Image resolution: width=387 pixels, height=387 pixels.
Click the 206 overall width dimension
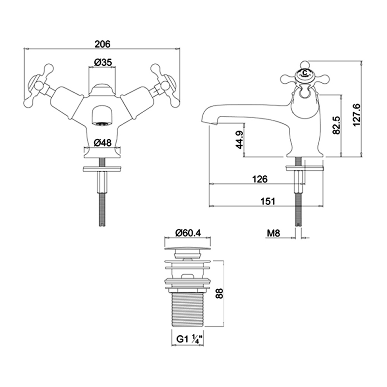click(103, 44)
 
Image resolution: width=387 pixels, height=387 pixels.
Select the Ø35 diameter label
click(103, 62)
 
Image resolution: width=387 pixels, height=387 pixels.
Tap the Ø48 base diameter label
click(103, 142)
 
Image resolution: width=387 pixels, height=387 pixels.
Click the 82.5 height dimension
click(336, 126)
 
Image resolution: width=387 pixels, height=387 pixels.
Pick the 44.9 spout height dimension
click(239, 140)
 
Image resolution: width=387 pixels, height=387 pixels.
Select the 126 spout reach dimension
click(260, 179)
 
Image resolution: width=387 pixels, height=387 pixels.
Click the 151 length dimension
click(268, 201)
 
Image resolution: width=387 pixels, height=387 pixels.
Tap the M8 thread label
click(273, 233)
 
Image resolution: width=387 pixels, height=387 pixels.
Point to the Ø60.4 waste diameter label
click(188, 233)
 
